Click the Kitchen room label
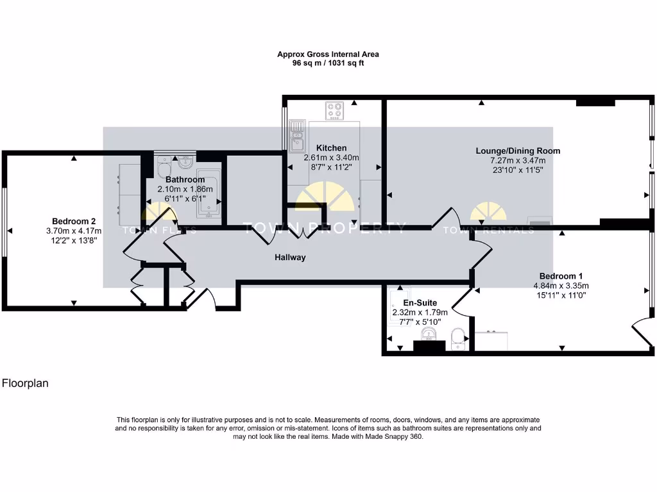[x=331, y=148]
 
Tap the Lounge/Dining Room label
[x=518, y=151]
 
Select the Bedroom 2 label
[x=74, y=221]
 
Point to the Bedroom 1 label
[x=561, y=276]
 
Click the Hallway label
[x=290, y=258]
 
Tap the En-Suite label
[x=420, y=303]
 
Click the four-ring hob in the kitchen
[x=334, y=110]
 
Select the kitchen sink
[x=297, y=136]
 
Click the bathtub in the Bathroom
[x=208, y=193]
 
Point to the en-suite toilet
[x=457, y=338]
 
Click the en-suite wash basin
[x=429, y=334]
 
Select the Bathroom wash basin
[x=185, y=161]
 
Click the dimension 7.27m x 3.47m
[x=518, y=161]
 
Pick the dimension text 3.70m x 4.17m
[x=74, y=231]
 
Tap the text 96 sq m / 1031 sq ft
[x=328, y=63]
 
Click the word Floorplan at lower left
[x=25, y=383]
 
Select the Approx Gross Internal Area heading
[x=328, y=54]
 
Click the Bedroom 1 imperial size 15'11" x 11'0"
[x=561, y=295]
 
